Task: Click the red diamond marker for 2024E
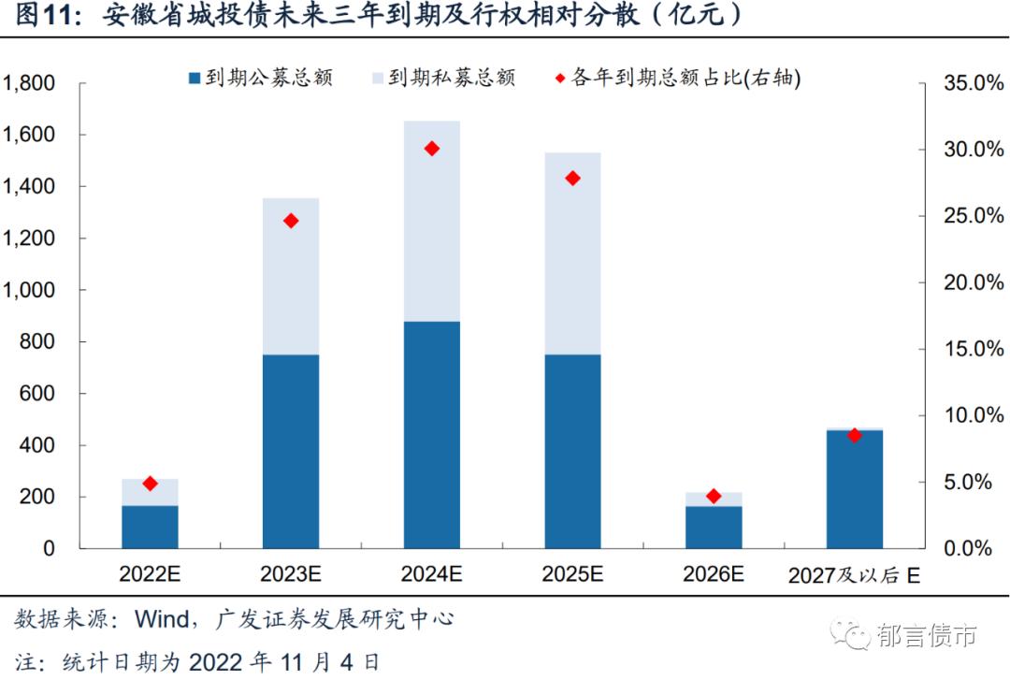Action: point(431,149)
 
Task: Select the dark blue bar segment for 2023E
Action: point(291,451)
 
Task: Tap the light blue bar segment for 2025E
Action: point(572,253)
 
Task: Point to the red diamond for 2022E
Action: point(150,484)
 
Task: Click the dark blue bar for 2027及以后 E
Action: point(855,489)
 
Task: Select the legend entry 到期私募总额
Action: point(443,78)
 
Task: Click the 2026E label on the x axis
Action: point(714,574)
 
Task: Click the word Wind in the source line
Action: point(161,619)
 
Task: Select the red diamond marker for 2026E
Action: point(714,496)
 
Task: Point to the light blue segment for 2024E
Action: point(431,221)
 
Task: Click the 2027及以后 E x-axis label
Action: point(854,575)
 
